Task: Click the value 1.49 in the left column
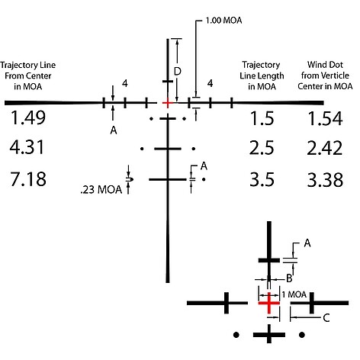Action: click(x=28, y=118)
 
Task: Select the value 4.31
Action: click(x=27, y=148)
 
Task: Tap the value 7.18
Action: click(x=28, y=179)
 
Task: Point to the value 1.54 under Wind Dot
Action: click(x=325, y=119)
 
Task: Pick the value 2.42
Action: click(x=325, y=148)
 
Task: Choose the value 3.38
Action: click(x=325, y=180)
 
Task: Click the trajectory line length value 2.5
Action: click(x=262, y=148)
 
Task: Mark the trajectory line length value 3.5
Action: click(x=262, y=180)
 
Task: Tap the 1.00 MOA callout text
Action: click(x=223, y=21)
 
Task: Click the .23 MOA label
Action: click(x=101, y=190)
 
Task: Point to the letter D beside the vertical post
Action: click(x=178, y=72)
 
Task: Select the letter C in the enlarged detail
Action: click(x=326, y=318)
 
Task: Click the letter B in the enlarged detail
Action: click(x=289, y=278)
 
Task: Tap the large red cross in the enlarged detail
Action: click(x=268, y=303)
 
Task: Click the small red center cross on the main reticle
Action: click(x=167, y=103)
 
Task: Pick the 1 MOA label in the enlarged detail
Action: click(x=294, y=294)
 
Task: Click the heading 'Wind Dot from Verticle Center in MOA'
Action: click(x=325, y=76)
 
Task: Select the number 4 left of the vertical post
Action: click(x=125, y=83)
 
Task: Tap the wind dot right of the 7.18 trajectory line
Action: click(x=204, y=179)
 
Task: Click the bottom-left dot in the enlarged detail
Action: click(x=236, y=335)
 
